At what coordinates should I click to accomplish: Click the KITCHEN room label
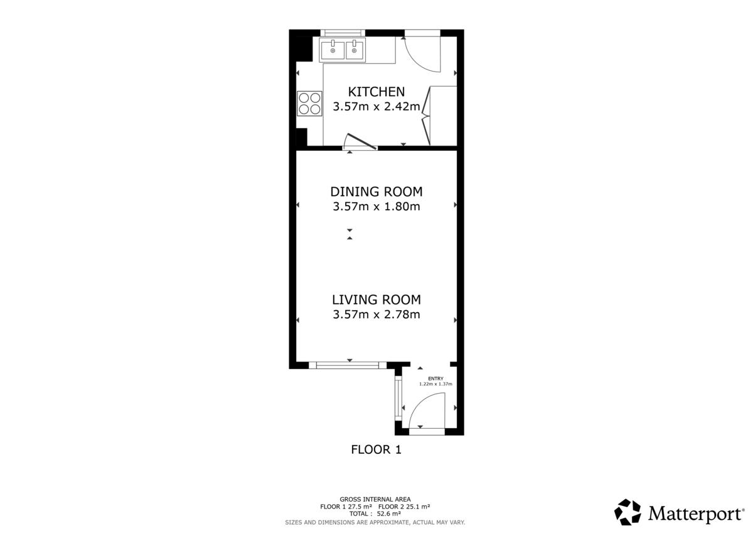pyautogui.click(x=376, y=92)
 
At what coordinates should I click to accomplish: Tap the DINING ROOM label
pyautogui.click(x=376, y=191)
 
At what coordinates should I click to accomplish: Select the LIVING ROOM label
pyautogui.click(x=376, y=299)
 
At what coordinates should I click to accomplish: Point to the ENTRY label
pyautogui.click(x=435, y=379)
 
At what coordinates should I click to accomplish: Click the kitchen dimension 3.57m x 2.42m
pyautogui.click(x=376, y=106)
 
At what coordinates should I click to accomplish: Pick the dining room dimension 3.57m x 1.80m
pyautogui.click(x=376, y=206)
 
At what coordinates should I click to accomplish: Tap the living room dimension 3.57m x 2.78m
pyautogui.click(x=376, y=315)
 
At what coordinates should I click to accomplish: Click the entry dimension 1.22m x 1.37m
pyautogui.click(x=435, y=384)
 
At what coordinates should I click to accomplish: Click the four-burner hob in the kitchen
pyautogui.click(x=309, y=104)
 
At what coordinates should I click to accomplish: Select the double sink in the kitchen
pyautogui.click(x=343, y=50)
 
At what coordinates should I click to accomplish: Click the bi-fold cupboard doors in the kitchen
pyautogui.click(x=426, y=116)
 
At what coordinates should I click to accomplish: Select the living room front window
pyautogui.click(x=348, y=365)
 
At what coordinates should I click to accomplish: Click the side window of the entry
pyautogui.click(x=398, y=398)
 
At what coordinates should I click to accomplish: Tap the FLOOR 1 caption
pyautogui.click(x=376, y=450)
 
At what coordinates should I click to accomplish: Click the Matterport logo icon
pyautogui.click(x=627, y=512)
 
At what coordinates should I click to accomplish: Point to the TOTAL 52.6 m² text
pyautogui.click(x=375, y=514)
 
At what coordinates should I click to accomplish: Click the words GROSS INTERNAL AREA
pyautogui.click(x=375, y=499)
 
